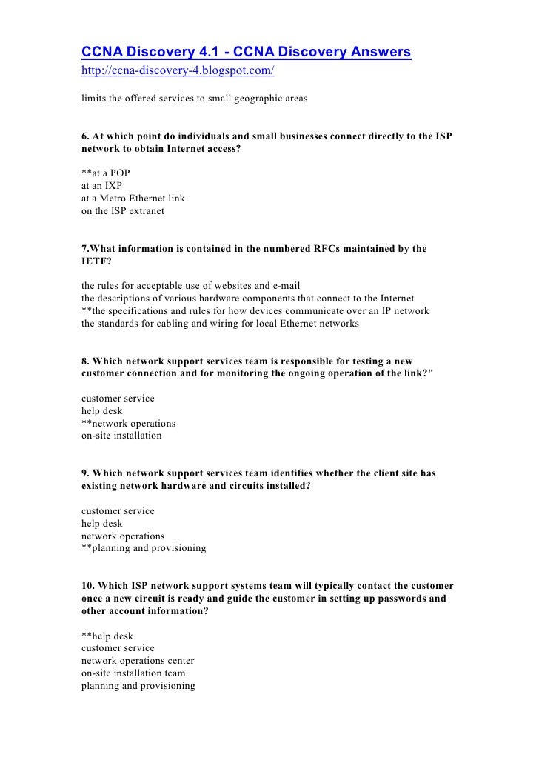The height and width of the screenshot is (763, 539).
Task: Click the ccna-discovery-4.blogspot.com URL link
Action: [178, 73]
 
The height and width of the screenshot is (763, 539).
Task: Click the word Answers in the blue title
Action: [373, 53]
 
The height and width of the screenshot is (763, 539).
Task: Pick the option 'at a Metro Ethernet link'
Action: [133, 199]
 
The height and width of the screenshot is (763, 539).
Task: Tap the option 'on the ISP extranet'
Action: [123, 211]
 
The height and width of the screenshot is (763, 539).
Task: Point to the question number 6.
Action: [85, 136]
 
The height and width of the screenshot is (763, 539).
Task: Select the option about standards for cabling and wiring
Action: [220, 323]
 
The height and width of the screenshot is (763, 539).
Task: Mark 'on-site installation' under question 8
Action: [121, 436]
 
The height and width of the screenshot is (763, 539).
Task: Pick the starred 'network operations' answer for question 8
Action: [129, 423]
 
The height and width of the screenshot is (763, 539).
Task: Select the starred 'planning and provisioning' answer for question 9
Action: [144, 548]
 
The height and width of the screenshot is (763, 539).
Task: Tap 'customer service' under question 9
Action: [118, 511]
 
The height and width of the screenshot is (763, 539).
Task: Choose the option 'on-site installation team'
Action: [133, 673]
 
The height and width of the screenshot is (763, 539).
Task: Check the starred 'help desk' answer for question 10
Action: [107, 636]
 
